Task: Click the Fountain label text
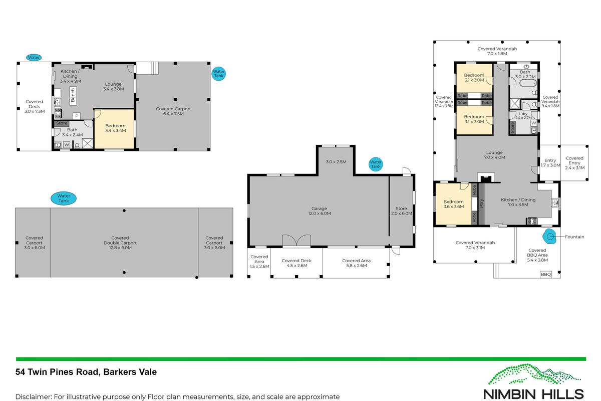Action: point(574,237)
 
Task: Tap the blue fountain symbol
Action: point(550,237)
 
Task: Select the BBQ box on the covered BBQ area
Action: point(546,274)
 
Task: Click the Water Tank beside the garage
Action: point(376,164)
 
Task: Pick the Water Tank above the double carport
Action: point(64,198)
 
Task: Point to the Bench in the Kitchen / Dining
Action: point(73,95)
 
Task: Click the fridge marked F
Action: point(77,116)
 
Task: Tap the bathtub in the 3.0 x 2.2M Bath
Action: point(528,83)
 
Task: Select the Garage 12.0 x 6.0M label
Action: point(320,211)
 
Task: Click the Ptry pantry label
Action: point(481,203)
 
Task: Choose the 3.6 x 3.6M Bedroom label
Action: point(453,204)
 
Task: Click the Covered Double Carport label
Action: point(120,243)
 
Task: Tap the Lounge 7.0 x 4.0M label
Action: point(494,155)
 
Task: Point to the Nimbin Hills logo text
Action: point(533,394)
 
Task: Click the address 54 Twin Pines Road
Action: point(58,372)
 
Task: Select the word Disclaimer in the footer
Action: point(33,396)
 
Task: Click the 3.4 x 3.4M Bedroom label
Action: point(115,128)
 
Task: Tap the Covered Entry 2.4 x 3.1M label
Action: point(575,163)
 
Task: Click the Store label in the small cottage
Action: point(62,123)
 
